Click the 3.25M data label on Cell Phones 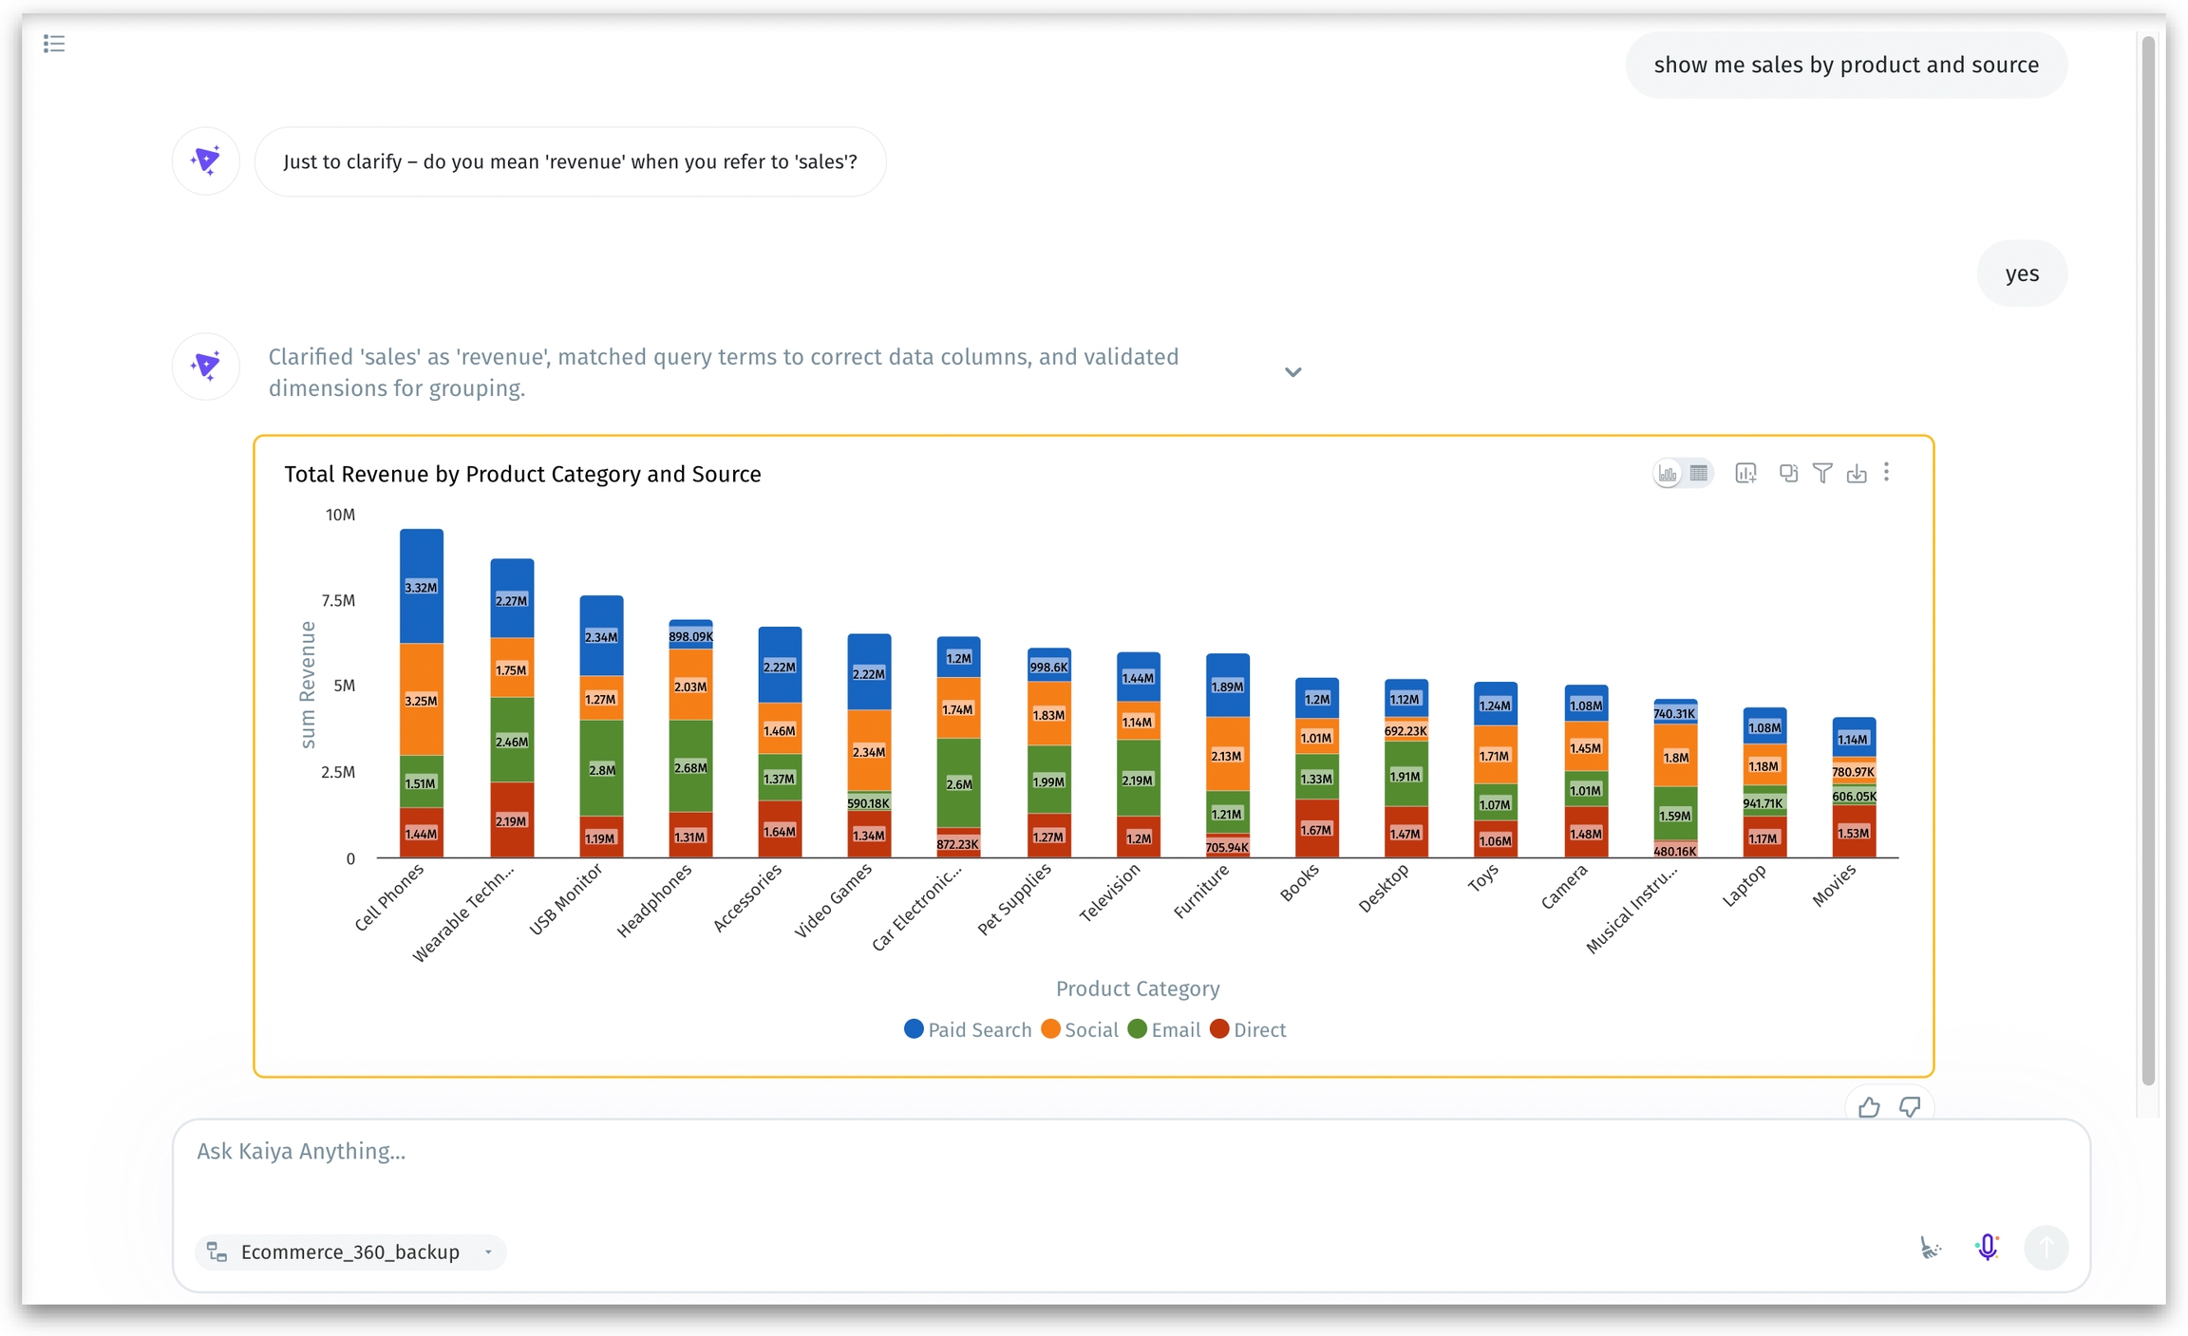(x=421, y=701)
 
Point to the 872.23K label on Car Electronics (x=957, y=844)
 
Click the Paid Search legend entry (x=968, y=1029)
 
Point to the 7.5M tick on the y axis (x=338, y=600)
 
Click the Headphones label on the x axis (x=654, y=900)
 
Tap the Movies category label (x=1833, y=887)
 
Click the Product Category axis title (x=1137, y=988)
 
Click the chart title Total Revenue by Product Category (x=522, y=474)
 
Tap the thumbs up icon (x=1868, y=1107)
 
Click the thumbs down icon (x=1909, y=1107)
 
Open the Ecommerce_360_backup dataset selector (x=350, y=1251)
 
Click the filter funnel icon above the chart (x=1821, y=473)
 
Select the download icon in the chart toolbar (x=1856, y=473)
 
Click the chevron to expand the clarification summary (x=1292, y=372)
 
